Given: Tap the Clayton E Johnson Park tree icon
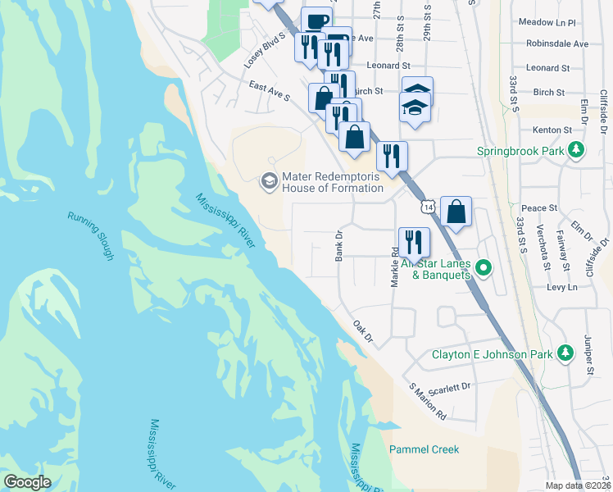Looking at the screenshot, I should tap(565, 353).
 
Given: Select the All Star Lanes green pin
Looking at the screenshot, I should tap(484, 267).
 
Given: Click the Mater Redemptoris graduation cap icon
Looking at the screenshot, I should tap(268, 180).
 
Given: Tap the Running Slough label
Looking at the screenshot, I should tap(90, 237).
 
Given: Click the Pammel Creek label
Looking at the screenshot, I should tap(424, 449).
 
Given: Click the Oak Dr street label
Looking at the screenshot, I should tap(362, 331).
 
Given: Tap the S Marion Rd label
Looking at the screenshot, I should tap(427, 402).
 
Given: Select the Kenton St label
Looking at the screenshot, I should tap(552, 130).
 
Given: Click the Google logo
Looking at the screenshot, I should tap(27, 482).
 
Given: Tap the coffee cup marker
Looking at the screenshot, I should tap(316, 20).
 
